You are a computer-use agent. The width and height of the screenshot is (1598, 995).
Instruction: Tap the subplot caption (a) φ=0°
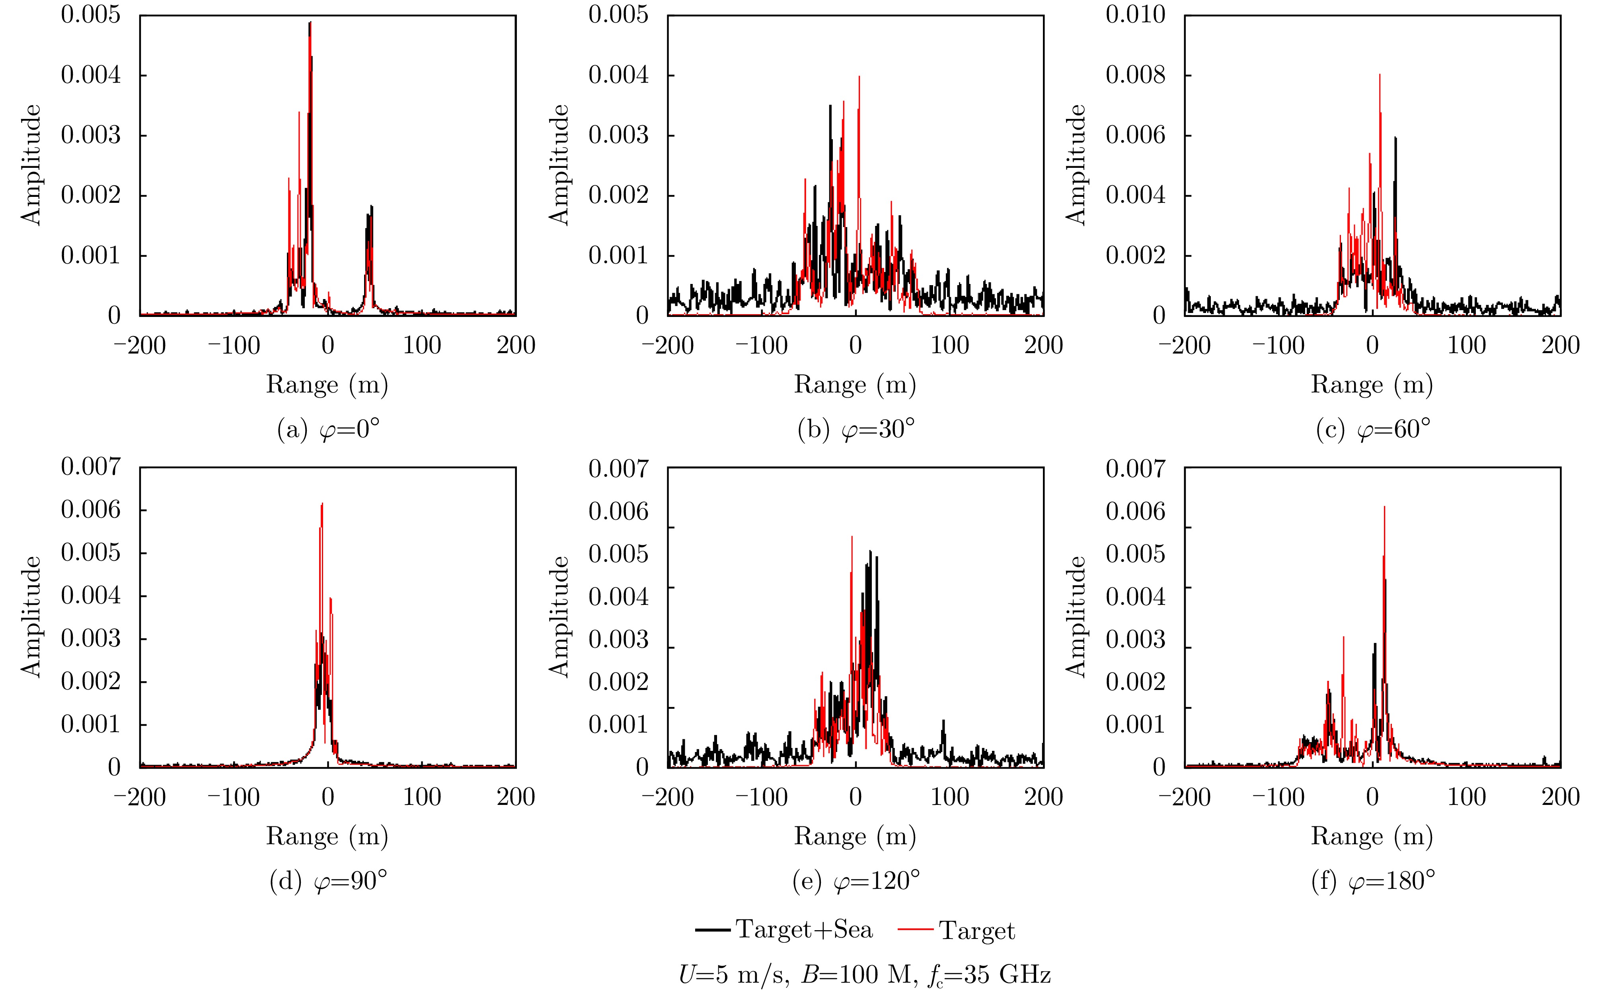[x=328, y=430]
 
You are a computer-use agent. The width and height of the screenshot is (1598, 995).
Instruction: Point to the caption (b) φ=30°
[x=855, y=430]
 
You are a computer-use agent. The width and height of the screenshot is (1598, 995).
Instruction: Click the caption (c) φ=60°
[x=1373, y=430]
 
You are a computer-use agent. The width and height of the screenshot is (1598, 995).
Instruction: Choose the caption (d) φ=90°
[x=328, y=880]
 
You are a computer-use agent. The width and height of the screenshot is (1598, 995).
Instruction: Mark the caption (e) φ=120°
[x=855, y=880]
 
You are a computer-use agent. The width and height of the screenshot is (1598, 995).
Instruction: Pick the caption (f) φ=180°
[x=1373, y=880]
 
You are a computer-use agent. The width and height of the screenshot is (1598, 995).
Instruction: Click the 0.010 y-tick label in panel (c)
[x=1135, y=14]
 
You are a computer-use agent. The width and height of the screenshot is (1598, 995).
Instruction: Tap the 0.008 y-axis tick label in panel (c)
[x=1135, y=75]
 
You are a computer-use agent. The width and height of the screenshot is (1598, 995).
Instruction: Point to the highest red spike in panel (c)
[x=1380, y=76]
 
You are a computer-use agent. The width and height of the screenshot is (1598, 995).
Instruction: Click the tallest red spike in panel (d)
[x=322, y=505]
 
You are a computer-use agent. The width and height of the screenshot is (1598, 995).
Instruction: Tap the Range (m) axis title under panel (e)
[x=855, y=836]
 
